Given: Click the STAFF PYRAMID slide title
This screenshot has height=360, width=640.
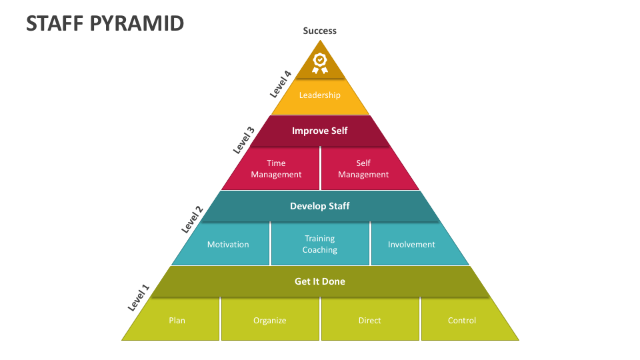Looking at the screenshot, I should tap(105, 23).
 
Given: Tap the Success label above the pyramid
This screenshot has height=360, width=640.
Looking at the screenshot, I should tap(320, 31).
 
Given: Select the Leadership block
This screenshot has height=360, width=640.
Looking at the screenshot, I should tap(320, 95).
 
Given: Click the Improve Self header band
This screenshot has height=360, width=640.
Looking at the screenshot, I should tap(320, 131).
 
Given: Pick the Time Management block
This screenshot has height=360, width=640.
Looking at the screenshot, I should tap(276, 169).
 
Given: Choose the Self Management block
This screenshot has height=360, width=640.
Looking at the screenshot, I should tap(363, 169).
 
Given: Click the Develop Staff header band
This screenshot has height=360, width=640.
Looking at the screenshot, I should tap(320, 206).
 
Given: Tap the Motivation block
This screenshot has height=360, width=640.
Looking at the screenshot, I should tap(228, 245).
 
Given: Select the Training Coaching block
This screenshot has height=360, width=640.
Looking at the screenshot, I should tap(320, 244).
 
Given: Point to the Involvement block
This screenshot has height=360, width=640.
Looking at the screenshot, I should tap(411, 245).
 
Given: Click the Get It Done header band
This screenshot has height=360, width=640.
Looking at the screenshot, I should tap(320, 281).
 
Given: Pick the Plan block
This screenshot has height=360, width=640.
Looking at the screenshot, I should tap(177, 321).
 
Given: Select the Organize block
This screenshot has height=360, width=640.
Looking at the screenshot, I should tap(270, 321).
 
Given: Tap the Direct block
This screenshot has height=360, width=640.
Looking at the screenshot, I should tap(370, 321).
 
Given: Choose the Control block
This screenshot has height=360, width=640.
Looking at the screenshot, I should tap(462, 321).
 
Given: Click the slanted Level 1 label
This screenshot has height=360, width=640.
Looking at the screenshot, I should tap(139, 298).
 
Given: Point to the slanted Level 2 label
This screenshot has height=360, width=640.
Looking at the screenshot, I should tap(192, 219).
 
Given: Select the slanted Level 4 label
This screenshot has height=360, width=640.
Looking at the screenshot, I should tap(281, 84).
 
